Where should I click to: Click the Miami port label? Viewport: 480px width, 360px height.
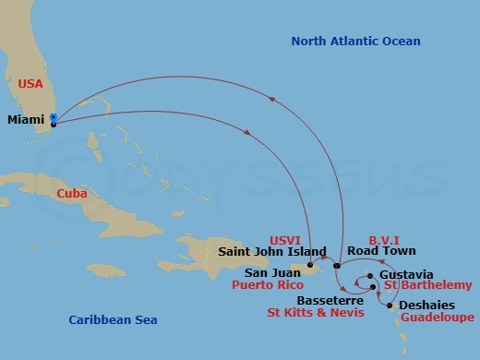(27, 120)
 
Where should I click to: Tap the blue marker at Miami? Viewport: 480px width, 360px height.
(54, 118)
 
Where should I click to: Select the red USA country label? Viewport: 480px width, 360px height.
(30, 83)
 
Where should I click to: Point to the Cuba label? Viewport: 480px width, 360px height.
(72, 194)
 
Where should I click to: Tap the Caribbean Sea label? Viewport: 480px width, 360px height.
(113, 319)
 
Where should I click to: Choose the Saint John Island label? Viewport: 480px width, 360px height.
(272, 251)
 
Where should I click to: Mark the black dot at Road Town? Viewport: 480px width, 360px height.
(338, 266)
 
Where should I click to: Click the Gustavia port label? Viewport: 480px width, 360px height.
(406, 275)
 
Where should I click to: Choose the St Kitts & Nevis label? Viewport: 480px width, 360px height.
(315, 314)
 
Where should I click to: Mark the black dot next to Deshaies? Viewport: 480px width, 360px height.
(389, 306)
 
